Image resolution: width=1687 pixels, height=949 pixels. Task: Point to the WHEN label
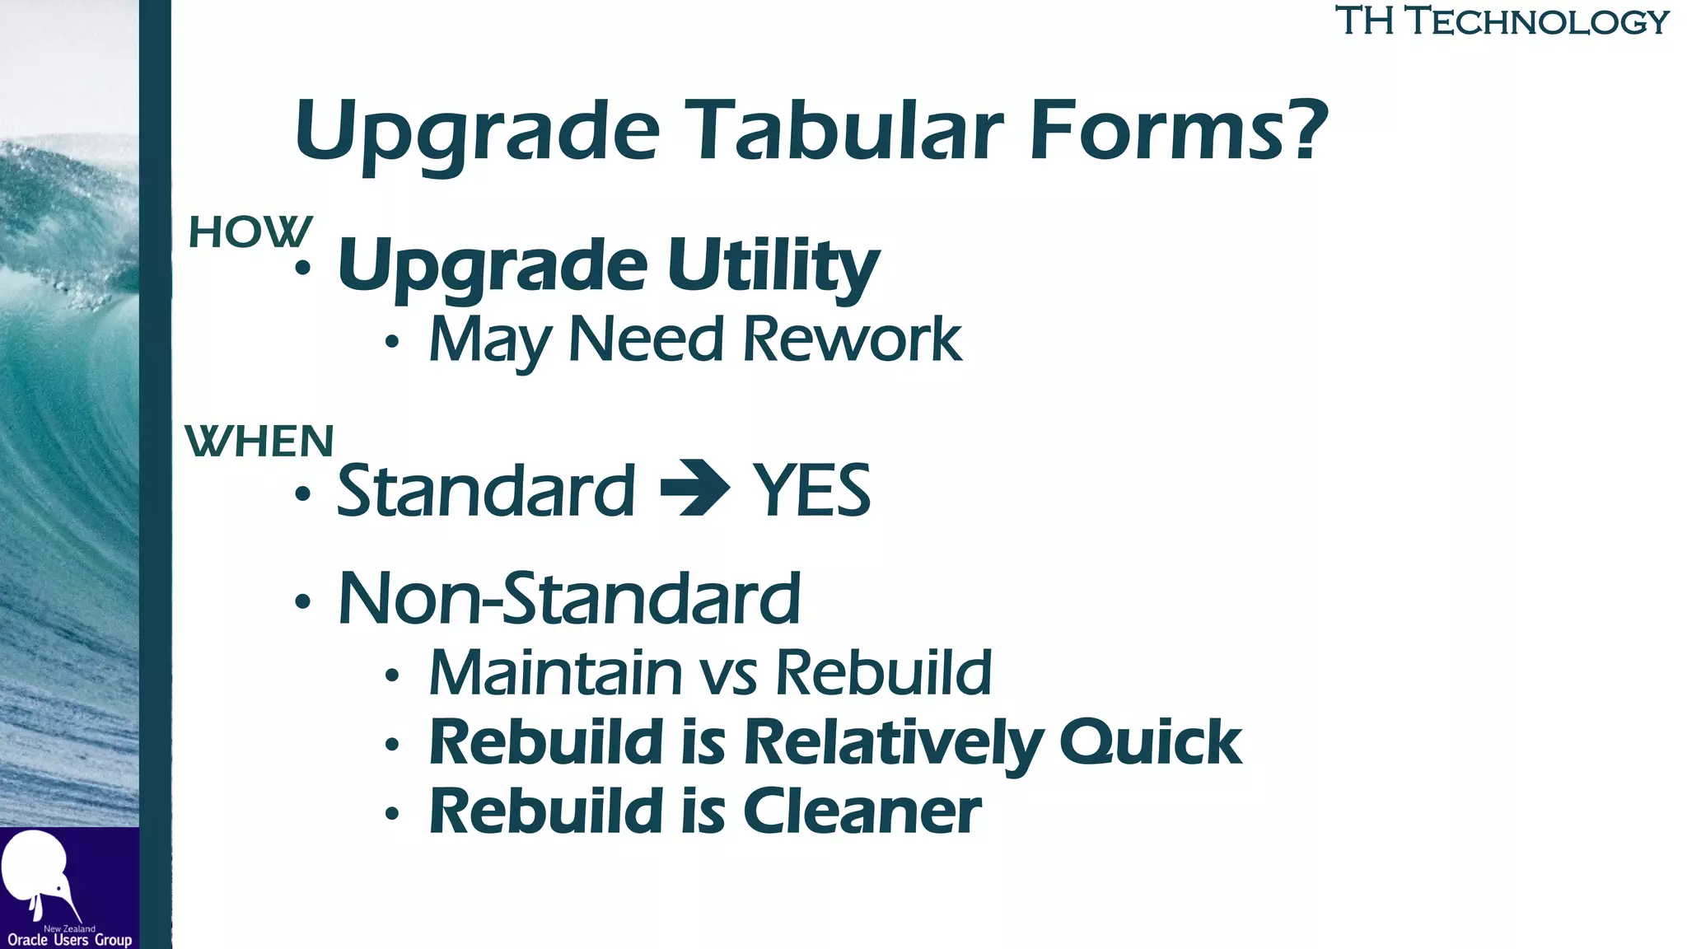click(259, 441)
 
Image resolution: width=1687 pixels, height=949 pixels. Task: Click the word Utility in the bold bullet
click(773, 264)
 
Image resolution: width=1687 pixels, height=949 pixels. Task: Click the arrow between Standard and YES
click(694, 489)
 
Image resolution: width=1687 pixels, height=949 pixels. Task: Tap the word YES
click(811, 491)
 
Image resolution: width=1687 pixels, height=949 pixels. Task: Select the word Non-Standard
click(569, 599)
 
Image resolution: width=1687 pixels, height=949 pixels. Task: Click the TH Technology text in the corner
click(1502, 21)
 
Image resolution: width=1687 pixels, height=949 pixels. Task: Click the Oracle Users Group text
click(69, 940)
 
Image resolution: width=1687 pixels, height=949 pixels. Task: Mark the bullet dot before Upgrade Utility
click(303, 268)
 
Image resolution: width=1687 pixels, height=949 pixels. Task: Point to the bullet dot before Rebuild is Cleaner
click(392, 815)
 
